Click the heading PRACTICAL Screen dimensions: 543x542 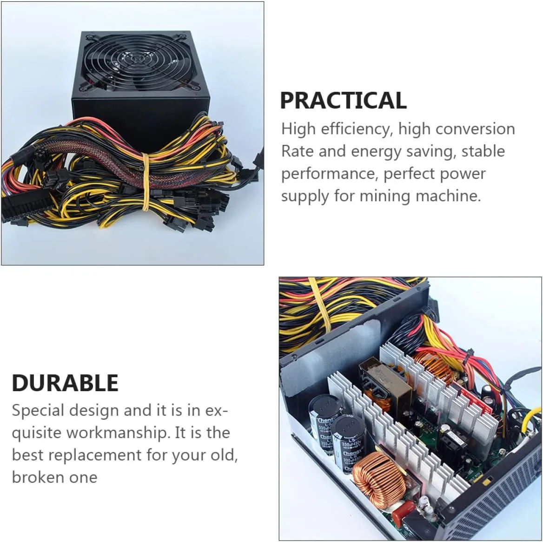tap(343, 100)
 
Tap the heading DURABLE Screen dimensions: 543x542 tap(65, 383)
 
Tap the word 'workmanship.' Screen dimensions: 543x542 tap(118, 433)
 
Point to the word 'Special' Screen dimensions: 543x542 tap(38, 411)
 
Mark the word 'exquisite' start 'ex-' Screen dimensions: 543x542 tap(217, 411)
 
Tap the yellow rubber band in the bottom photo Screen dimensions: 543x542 tap(318, 305)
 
